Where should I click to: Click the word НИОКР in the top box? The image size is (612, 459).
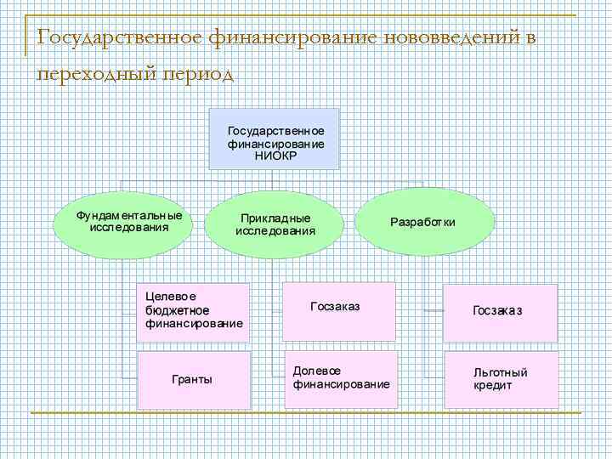point(275,156)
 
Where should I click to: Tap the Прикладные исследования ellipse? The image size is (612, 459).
point(275,224)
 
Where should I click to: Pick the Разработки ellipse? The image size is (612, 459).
point(422,222)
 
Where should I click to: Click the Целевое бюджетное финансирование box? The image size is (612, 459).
point(194,311)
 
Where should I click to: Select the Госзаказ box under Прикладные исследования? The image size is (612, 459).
point(339,306)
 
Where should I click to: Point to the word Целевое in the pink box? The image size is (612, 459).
point(171,297)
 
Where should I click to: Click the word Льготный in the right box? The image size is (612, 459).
point(501,372)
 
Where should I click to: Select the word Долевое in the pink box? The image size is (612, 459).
point(317,371)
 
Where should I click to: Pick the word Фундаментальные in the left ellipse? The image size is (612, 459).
point(129,215)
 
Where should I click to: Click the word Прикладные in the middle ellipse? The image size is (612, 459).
point(275,218)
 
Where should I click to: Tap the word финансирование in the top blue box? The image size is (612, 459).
point(275,144)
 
